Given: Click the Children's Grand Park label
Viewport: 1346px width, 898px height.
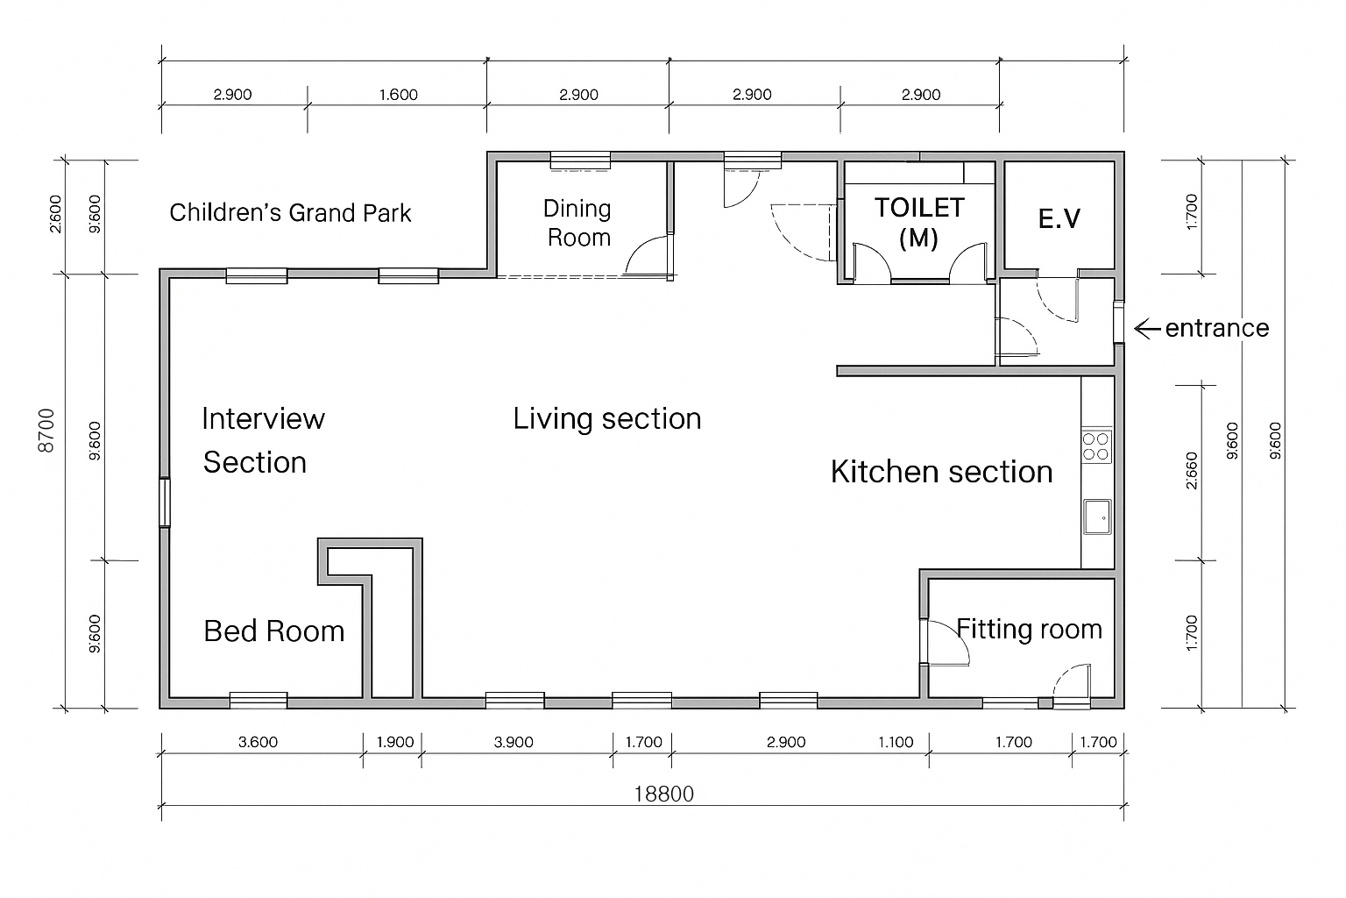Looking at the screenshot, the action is tap(290, 213).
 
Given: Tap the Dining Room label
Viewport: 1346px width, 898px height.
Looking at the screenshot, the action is tap(577, 223).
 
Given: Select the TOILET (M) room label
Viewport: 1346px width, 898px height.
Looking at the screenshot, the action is tap(918, 223).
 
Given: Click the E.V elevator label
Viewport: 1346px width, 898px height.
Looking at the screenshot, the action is tap(1059, 218).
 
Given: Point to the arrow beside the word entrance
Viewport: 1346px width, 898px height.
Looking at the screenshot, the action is tap(1146, 328).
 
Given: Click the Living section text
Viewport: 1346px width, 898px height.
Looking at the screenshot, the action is tap(607, 418).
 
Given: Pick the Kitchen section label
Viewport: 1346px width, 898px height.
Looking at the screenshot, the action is tap(942, 472).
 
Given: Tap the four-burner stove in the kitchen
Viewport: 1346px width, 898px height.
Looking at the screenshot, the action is tap(1096, 447).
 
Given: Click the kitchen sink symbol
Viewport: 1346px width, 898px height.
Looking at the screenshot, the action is tap(1097, 517).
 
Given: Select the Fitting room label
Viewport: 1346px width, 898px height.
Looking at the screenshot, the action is tap(1029, 629).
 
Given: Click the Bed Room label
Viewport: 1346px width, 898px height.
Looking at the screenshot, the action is tap(274, 631).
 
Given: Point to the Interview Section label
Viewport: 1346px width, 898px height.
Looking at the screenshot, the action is tap(263, 440).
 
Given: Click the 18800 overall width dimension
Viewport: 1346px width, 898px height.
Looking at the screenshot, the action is tap(664, 795).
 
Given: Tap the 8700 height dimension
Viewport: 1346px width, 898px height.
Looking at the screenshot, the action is tap(46, 430).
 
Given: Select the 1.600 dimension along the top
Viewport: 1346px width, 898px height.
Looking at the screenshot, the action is tap(399, 95).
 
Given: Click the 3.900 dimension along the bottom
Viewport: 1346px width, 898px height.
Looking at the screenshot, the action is tap(514, 742).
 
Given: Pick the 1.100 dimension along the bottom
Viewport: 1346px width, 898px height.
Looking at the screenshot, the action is tap(896, 742).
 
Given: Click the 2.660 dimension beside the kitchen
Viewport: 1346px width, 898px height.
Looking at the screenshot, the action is tap(1192, 470).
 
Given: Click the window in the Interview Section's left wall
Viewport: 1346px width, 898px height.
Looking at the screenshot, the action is tap(164, 502).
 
